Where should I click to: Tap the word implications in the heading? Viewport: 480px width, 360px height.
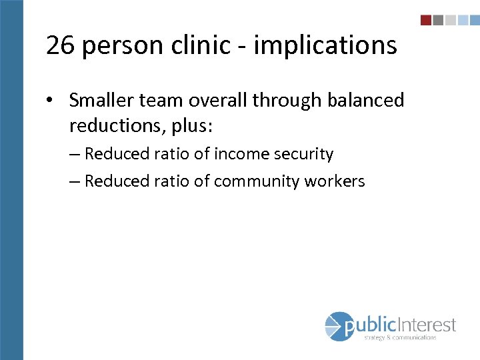point(325,45)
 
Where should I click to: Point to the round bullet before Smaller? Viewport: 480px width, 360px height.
point(51,101)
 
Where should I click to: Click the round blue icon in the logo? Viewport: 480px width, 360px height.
point(339,327)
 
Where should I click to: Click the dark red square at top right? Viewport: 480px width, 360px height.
point(426,20)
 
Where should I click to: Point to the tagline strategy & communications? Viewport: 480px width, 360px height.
point(400,337)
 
